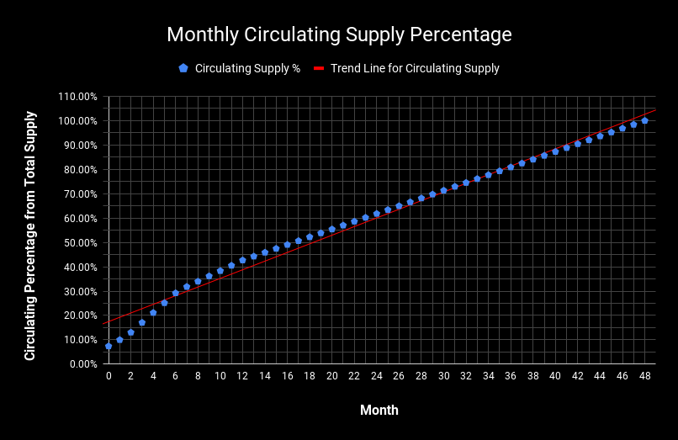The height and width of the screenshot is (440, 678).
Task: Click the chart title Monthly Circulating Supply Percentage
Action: pyautogui.click(x=339, y=34)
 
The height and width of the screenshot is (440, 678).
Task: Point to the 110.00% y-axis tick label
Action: pyautogui.click(x=77, y=97)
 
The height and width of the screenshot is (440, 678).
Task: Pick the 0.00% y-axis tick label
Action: pyautogui.click(x=82, y=364)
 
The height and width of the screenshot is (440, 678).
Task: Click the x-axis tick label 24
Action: pyautogui.click(x=377, y=376)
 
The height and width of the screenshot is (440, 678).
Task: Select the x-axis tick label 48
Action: pyautogui.click(x=644, y=376)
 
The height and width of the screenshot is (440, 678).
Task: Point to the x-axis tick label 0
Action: pyautogui.click(x=109, y=376)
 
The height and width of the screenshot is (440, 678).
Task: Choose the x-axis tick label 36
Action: pyautogui.click(x=511, y=376)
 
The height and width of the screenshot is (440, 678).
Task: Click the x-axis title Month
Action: pyautogui.click(x=379, y=411)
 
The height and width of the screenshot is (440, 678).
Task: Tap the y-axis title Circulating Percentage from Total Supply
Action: pyautogui.click(x=30, y=236)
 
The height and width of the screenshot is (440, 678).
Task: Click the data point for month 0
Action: pyautogui.click(x=109, y=346)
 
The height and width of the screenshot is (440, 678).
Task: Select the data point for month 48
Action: pyautogui.click(x=644, y=120)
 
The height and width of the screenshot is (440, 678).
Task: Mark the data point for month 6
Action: pyautogui.click(x=176, y=293)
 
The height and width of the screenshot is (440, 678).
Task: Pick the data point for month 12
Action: pyautogui.click(x=242, y=260)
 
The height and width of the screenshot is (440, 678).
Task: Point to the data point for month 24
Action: pyautogui.click(x=377, y=214)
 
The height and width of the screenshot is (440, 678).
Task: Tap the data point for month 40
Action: pyautogui.click(x=555, y=151)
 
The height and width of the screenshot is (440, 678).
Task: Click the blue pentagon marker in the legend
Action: pyautogui.click(x=183, y=69)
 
